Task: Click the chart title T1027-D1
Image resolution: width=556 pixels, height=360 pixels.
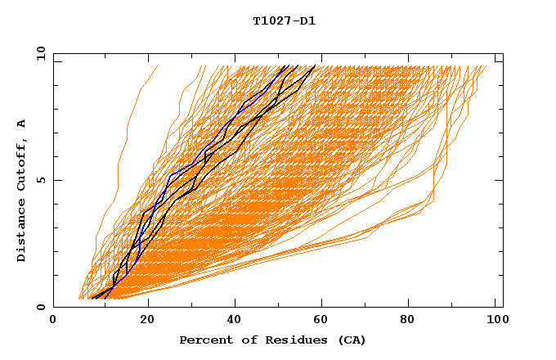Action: [285, 21]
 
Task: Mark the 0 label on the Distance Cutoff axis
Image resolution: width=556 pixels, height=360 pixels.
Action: [41, 307]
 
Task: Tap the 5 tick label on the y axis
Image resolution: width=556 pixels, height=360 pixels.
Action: [41, 180]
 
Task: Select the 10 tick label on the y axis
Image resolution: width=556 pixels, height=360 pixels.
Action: [39, 53]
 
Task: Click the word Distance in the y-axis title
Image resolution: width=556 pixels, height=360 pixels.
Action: [22, 232]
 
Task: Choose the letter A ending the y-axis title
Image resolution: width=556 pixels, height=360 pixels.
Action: [22, 124]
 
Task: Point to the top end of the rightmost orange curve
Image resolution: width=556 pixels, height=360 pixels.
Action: [486, 66]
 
